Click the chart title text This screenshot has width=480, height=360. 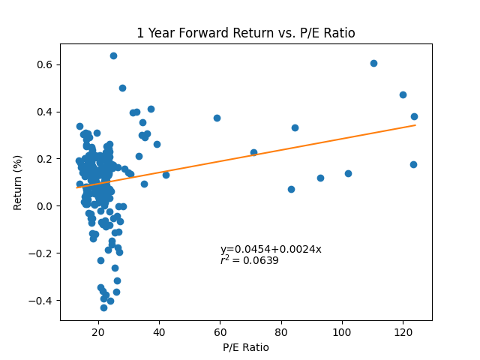[245, 33]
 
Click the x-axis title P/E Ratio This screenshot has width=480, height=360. [245, 347]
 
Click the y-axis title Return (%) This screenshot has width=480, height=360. [18, 182]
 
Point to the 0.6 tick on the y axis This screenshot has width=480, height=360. [46, 64]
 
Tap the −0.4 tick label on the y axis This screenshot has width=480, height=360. [43, 300]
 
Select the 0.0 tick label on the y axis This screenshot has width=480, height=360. [46, 205]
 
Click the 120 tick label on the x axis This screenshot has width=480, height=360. [403, 332]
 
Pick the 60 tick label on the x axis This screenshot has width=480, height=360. [220, 332]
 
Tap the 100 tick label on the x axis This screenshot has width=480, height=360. [342, 332]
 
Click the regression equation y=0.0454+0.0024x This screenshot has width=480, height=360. [271, 250]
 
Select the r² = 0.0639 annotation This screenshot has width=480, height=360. [249, 261]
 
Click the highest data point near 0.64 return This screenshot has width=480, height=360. [113, 55]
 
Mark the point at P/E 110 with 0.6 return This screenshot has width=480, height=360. [373, 63]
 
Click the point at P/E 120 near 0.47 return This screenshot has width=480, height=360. [403, 94]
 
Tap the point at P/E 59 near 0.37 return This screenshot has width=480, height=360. [217, 118]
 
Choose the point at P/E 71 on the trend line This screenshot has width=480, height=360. [253, 152]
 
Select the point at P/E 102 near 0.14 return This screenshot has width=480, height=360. [348, 173]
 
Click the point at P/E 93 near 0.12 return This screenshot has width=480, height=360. [320, 178]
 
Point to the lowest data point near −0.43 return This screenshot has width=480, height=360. [103, 307]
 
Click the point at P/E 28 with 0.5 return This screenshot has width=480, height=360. [122, 88]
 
